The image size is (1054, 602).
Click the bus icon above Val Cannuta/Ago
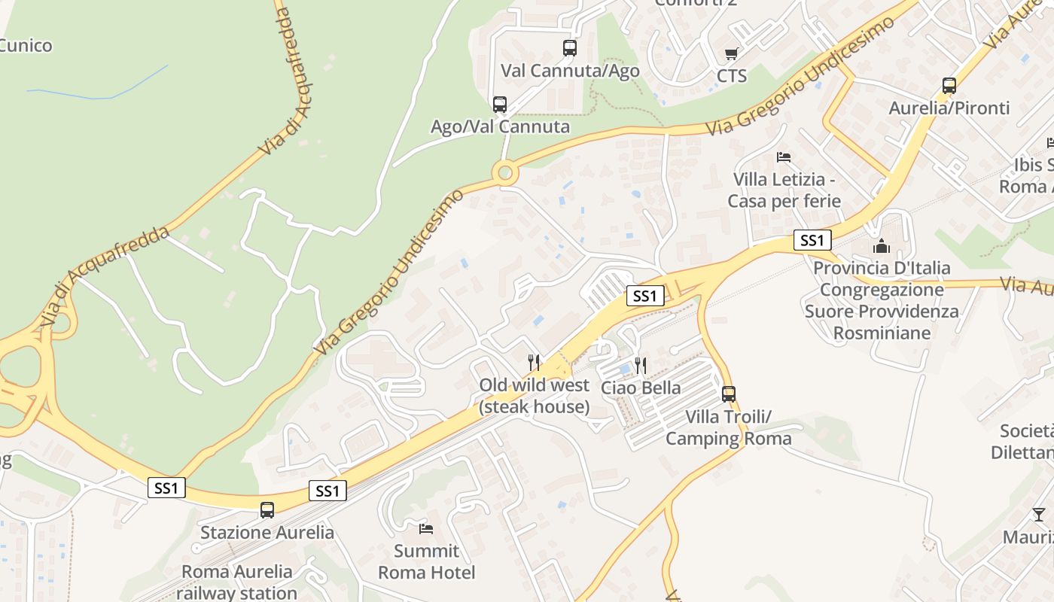pos(570,48)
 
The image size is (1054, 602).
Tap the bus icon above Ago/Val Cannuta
pos(500,105)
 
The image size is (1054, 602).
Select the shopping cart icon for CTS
pos(731,53)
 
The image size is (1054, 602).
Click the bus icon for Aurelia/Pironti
pos(949,86)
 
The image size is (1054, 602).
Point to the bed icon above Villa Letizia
pos(784,157)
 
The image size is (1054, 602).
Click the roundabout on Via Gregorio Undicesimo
pos(505,174)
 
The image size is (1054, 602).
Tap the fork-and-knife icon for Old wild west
pos(534,363)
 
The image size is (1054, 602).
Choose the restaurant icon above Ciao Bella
pos(641,366)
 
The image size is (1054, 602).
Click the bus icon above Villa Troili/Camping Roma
pos(728,394)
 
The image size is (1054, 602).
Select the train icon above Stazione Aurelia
pos(267,510)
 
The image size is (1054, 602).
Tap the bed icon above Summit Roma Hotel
pos(426,528)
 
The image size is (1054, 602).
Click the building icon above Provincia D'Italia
pos(881,246)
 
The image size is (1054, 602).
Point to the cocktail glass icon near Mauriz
pos(1039,515)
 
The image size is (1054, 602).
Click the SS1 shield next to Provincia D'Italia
pos(812,241)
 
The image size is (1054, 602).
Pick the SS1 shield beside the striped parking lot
pos(645,296)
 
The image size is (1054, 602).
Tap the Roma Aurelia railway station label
pos(237,582)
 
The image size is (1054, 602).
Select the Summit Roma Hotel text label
pos(426,561)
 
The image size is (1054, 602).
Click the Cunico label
pos(26,46)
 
